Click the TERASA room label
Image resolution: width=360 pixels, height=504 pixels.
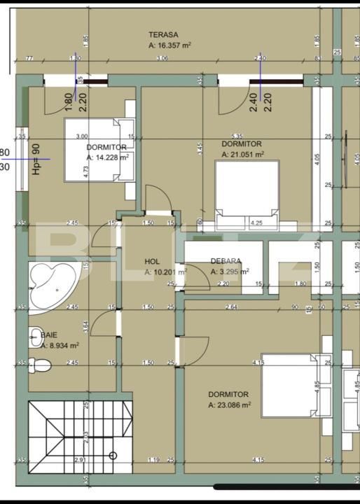coord(162,34)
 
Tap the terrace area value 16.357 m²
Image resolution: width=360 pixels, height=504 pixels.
coord(170,45)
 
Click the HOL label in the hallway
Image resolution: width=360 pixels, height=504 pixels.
coord(153,261)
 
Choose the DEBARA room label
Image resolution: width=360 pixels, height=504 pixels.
coord(226,261)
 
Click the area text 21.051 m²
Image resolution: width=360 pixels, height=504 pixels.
coord(242,154)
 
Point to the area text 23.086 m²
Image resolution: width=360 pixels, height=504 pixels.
coord(229,405)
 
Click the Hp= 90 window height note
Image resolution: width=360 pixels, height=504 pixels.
coord(36,159)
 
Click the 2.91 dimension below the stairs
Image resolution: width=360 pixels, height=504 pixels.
coord(81,460)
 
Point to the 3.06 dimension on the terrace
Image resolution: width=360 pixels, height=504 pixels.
coord(162,57)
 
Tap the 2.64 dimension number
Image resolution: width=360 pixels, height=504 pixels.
coord(233,307)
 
